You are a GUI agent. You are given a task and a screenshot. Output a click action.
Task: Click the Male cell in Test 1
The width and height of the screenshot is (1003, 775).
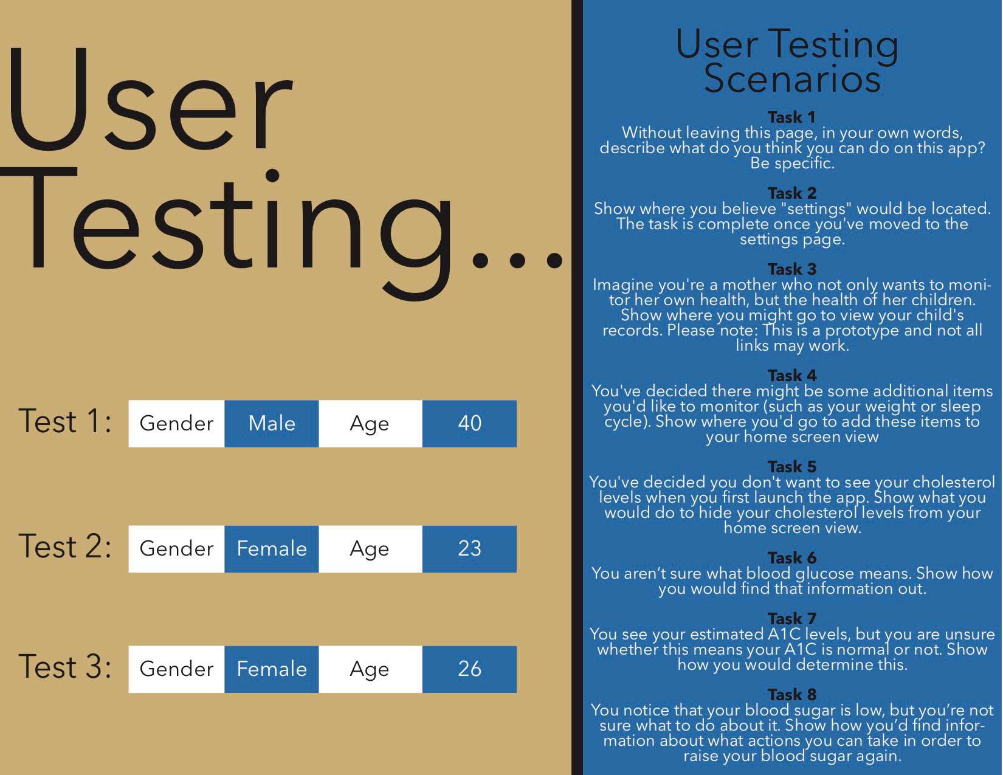coord(271,423)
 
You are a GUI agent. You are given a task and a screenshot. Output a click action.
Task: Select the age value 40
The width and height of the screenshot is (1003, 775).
coord(469,423)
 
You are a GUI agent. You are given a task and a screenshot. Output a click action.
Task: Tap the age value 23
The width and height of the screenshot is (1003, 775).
coord(469,549)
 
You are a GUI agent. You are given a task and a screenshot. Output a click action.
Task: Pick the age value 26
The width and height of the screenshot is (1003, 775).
coord(469,669)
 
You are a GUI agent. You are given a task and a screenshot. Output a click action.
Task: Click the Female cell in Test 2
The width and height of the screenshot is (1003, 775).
coord(271,549)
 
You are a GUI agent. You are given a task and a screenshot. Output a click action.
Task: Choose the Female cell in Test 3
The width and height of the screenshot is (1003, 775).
coord(271,669)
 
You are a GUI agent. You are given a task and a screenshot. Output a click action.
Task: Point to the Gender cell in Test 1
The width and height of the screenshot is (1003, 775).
coord(177,423)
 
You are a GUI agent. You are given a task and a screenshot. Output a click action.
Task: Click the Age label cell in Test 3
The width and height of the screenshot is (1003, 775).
coord(370,669)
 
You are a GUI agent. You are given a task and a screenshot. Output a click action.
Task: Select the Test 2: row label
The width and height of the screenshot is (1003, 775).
coord(65,546)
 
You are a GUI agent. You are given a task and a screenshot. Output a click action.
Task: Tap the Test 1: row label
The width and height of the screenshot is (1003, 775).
coord(65,421)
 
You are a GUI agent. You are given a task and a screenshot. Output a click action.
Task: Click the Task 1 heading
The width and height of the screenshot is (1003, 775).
coord(792,117)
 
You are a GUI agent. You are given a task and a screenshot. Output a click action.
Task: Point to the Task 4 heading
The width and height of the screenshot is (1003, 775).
coord(792,375)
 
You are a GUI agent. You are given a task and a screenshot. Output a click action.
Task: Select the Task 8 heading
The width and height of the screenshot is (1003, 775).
coord(792,694)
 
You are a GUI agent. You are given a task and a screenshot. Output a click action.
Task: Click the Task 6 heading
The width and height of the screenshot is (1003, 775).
coord(792,557)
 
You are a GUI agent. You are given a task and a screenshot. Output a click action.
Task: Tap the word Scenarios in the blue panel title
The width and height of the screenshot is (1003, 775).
coord(792,78)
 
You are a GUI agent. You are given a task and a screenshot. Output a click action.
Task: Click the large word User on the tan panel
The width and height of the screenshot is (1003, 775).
coord(150,99)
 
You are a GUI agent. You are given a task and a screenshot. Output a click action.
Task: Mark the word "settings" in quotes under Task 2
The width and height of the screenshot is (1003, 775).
coord(817,208)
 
